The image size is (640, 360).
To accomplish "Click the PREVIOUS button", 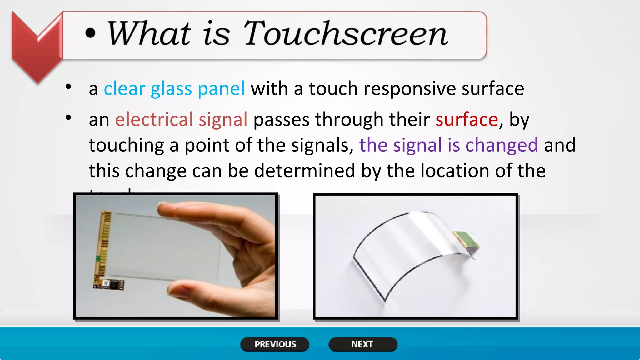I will pos(275,344).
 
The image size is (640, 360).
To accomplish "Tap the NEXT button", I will pos(362,344).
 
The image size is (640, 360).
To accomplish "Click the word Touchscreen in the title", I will pos(346,34).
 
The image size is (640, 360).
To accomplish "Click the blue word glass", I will pos(171,89).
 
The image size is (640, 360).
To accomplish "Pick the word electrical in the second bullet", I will pos(154,120).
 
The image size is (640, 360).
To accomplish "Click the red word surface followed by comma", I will pos(467,120).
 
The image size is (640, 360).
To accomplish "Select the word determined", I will pos(304,171).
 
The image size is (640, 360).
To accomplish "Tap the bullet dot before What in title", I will pos(90,34).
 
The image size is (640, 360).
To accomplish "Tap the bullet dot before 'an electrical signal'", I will pos(68,118).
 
